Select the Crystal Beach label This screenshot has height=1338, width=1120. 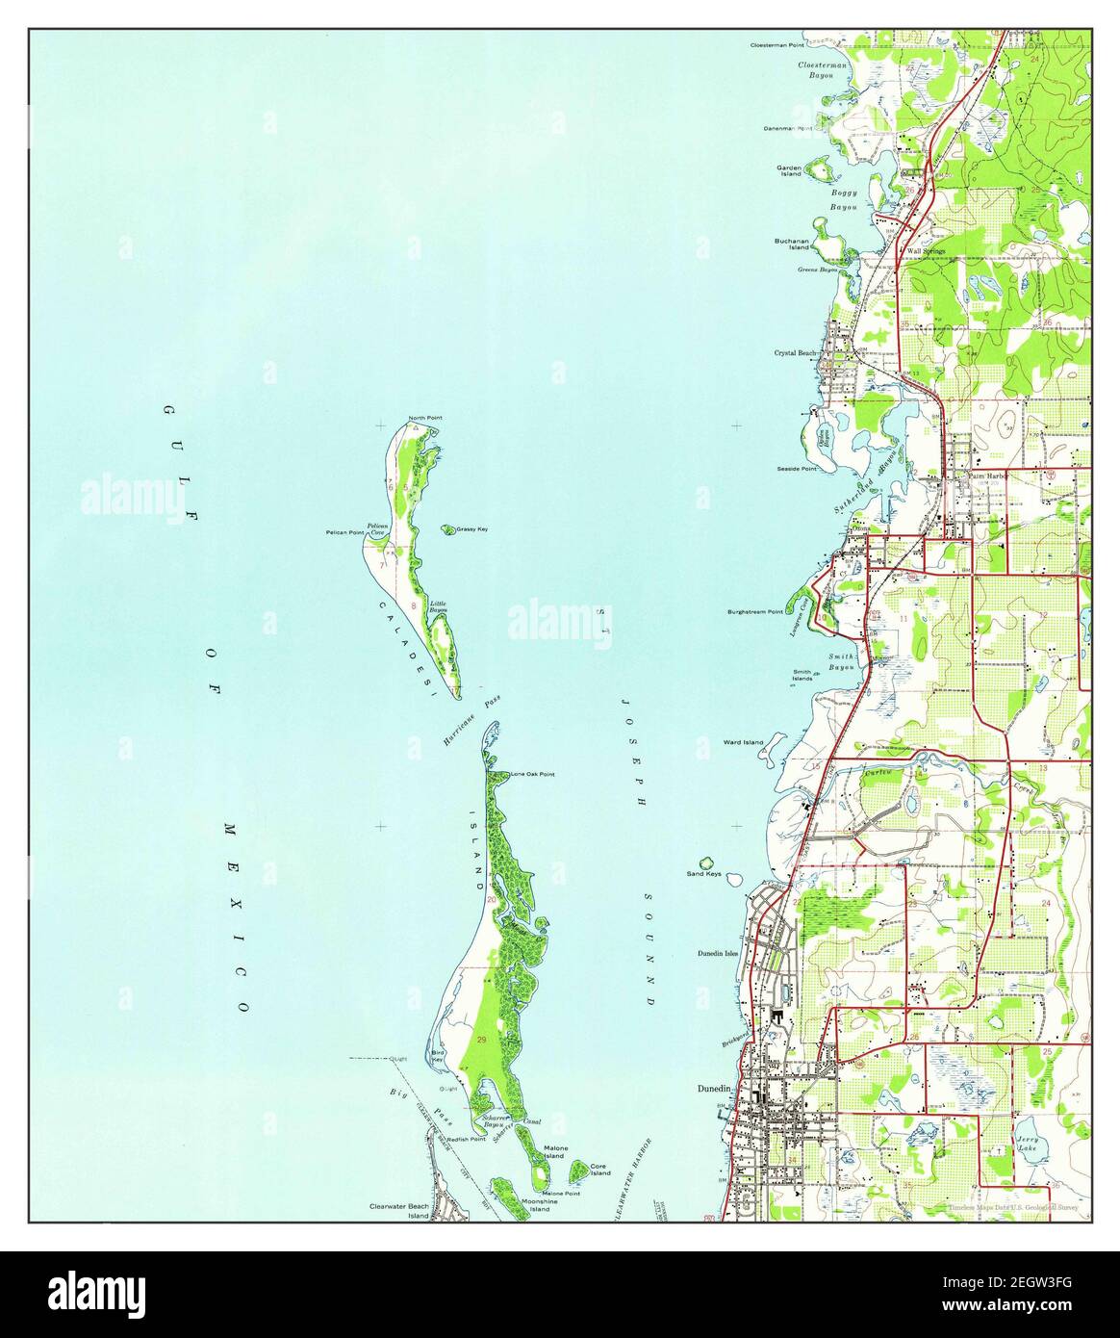pyautogui.click(x=796, y=352)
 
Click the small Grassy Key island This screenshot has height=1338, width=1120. pyautogui.click(x=448, y=528)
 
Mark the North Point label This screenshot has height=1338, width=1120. pyautogui.click(x=425, y=418)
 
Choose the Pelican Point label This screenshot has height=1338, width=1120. pyautogui.click(x=344, y=532)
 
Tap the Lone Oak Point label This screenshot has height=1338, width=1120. pyautogui.click(x=532, y=773)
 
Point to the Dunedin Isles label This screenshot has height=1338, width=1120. pyautogui.click(x=717, y=954)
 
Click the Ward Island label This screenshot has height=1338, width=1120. pyautogui.click(x=743, y=742)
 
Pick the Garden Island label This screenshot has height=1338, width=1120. pyautogui.click(x=789, y=170)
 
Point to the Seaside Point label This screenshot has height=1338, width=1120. pyautogui.click(x=796, y=469)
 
